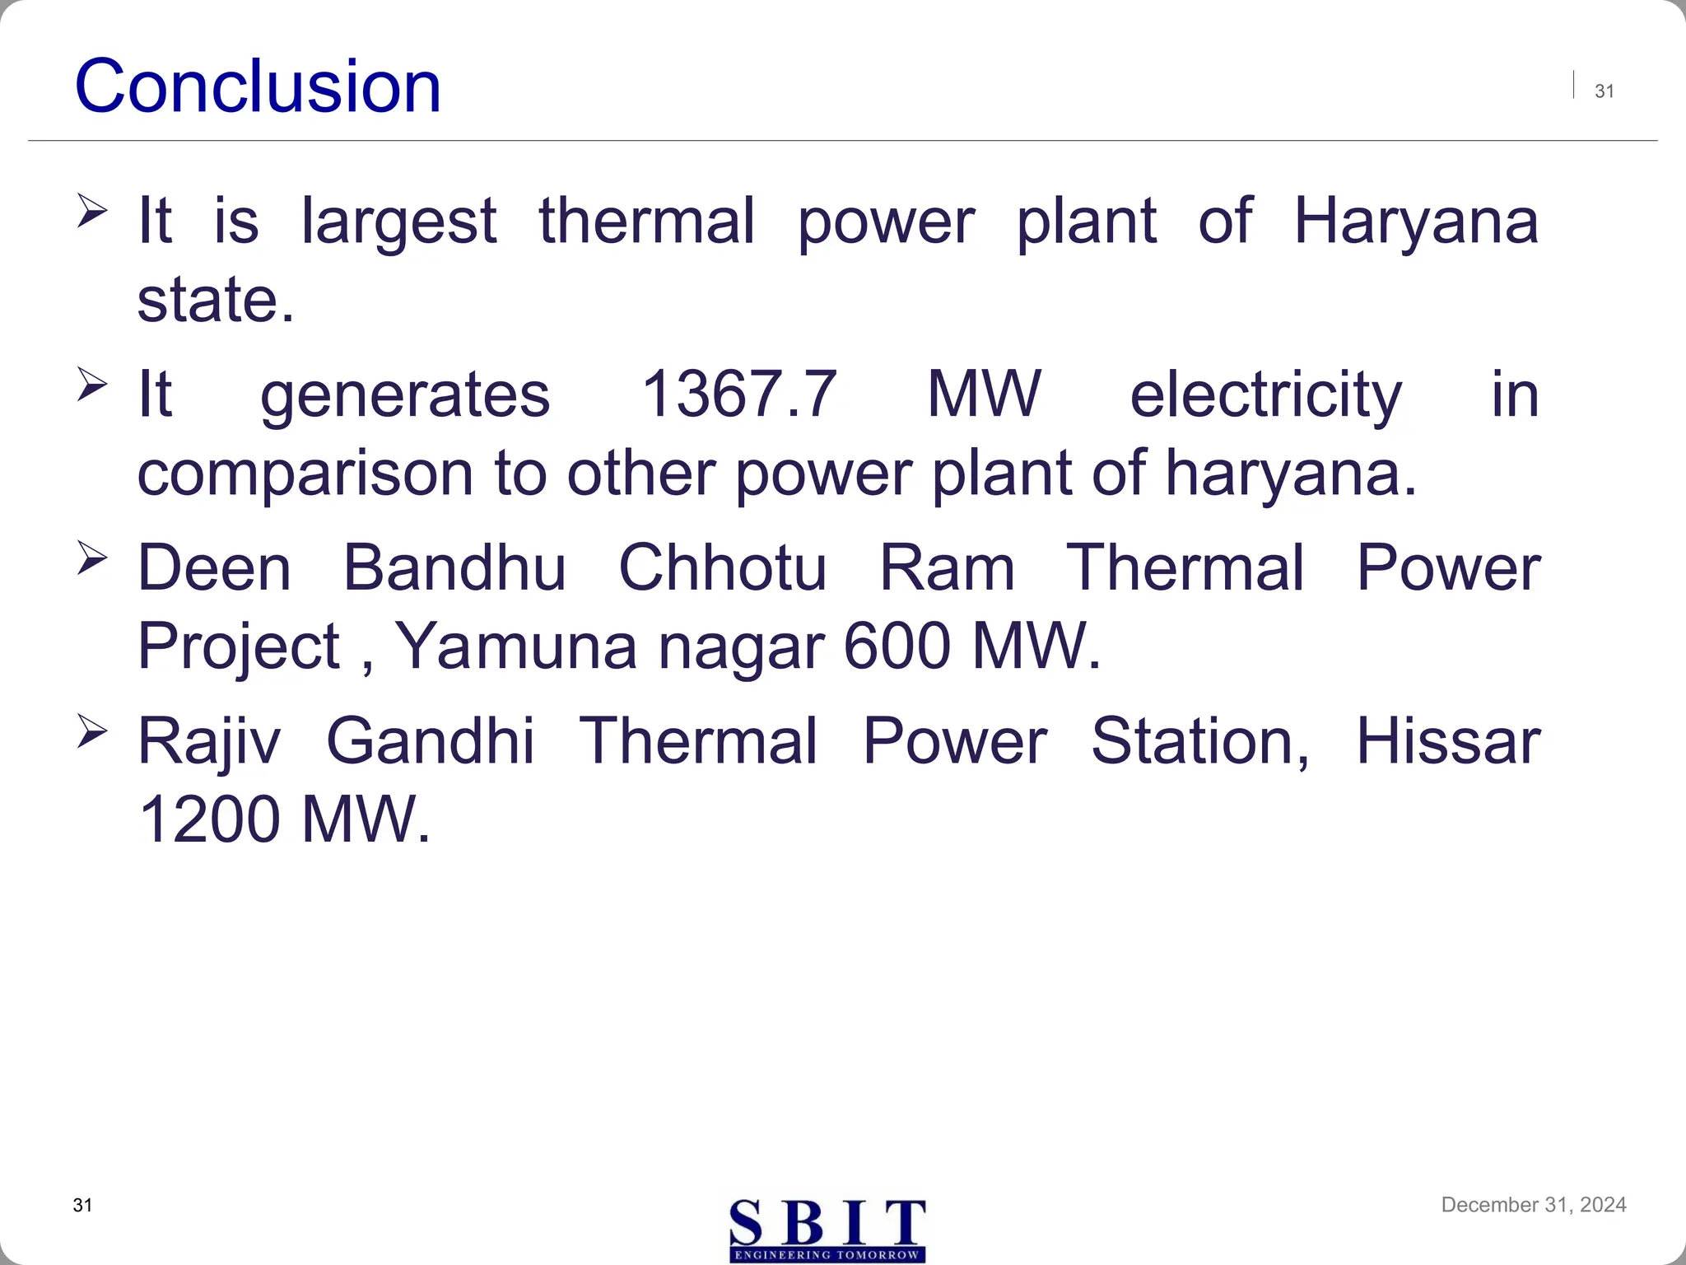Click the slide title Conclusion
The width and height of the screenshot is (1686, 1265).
tap(258, 86)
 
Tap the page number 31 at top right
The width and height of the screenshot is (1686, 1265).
tap(1604, 91)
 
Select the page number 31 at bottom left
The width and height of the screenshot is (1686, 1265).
tap(82, 1205)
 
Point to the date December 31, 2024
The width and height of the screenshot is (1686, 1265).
tap(1533, 1205)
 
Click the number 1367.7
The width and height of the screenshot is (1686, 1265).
tap(738, 394)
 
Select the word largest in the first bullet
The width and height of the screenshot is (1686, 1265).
tap(398, 222)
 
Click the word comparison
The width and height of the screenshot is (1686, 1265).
tap(305, 475)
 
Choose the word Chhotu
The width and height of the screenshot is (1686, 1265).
tap(722, 567)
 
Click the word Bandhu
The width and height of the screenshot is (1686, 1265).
tap(454, 567)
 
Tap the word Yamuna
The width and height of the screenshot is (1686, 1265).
tap(516, 647)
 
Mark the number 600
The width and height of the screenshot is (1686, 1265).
tap(897, 647)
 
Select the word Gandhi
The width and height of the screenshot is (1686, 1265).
tap(431, 741)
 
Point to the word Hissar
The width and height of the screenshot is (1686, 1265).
tap(1447, 741)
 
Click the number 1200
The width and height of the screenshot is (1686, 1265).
tap(210, 819)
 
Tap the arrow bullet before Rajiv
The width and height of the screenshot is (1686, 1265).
tap(91, 731)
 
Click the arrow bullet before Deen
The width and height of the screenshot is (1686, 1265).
tap(91, 558)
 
